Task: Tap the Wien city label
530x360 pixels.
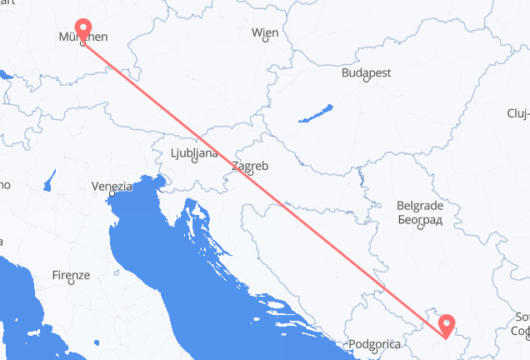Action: pyautogui.click(x=265, y=33)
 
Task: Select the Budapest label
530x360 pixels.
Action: pyautogui.click(x=366, y=73)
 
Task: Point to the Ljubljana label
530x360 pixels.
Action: pyautogui.click(x=193, y=153)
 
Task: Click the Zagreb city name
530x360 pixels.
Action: pyautogui.click(x=250, y=166)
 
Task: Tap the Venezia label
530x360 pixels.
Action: pyautogui.click(x=112, y=186)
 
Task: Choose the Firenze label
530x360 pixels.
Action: pyautogui.click(x=70, y=274)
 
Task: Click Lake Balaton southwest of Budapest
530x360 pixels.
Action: pyautogui.click(x=316, y=114)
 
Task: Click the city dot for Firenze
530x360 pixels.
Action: pyautogui.click(x=71, y=282)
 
